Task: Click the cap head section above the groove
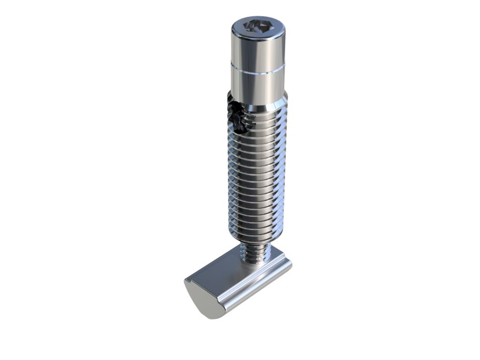point(258,50)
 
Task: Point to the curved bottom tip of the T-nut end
point(211,315)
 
